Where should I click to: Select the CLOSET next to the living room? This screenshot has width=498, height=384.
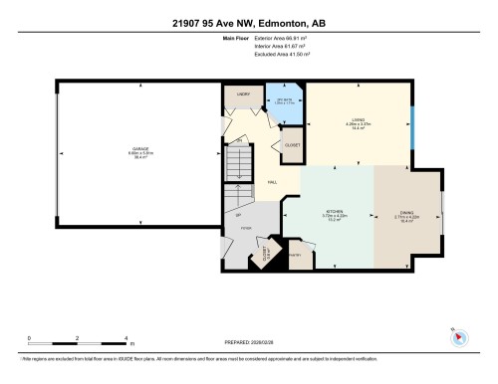coord(294,144)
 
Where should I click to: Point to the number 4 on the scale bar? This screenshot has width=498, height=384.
coord(126,338)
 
